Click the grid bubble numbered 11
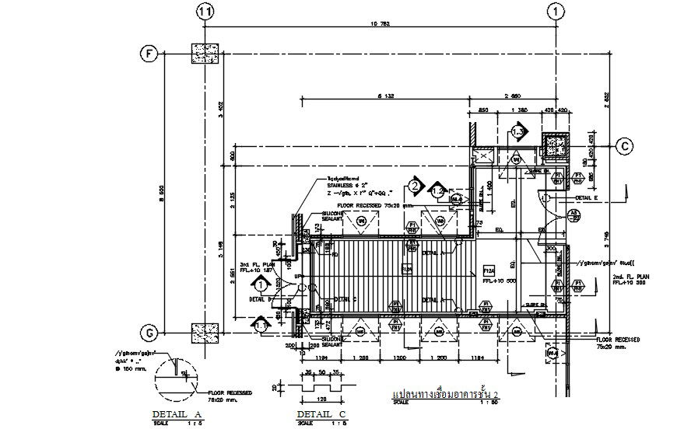205,12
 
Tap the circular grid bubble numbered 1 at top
556,12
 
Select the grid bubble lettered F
147,54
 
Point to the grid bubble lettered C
624,145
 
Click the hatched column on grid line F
206,54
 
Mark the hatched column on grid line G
206,333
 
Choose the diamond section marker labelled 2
416,186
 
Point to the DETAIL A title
177,414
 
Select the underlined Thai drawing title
445,395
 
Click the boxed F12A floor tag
489,270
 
